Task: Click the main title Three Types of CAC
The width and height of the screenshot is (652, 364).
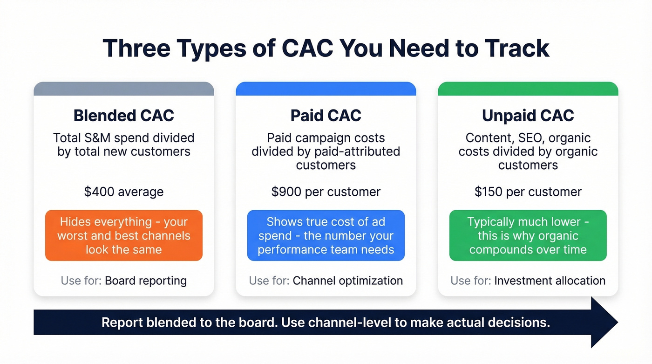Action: point(326,48)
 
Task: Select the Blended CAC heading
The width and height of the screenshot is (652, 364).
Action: point(124,116)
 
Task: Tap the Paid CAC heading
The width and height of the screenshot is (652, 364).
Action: point(326,116)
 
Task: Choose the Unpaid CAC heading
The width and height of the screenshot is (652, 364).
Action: point(528,116)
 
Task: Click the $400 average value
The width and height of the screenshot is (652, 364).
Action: point(124,192)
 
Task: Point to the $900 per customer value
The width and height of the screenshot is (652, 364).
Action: point(326,192)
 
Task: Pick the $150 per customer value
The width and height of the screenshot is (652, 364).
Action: point(528,192)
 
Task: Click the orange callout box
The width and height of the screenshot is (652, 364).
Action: point(124,235)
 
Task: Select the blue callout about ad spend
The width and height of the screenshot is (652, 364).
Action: point(326,235)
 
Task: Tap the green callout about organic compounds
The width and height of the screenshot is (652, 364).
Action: point(528,235)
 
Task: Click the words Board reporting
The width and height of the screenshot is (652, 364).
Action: point(146,281)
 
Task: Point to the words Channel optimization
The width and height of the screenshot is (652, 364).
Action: point(347,281)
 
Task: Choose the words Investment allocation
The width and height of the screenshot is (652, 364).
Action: point(550,281)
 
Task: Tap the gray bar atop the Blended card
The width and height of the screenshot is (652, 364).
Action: point(124,89)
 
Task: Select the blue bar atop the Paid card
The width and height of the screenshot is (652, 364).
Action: point(326,89)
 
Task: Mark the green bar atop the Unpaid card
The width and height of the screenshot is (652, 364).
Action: point(528,89)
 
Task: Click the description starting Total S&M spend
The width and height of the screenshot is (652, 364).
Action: point(124,144)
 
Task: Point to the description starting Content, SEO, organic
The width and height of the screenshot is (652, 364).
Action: point(528,151)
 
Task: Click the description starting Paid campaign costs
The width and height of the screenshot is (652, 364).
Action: point(326,151)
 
